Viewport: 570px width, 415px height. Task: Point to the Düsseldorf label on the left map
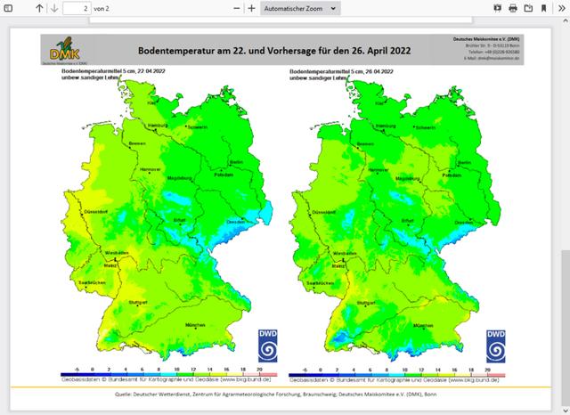(x=96, y=211)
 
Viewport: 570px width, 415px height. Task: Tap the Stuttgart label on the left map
(x=136, y=303)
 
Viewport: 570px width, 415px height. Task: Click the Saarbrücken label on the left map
(x=92, y=282)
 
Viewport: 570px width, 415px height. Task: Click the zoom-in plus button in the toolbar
(x=252, y=8)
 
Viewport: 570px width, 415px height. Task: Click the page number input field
(x=75, y=8)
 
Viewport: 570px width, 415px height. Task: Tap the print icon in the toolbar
(x=513, y=8)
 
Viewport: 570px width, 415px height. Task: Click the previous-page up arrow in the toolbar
(x=39, y=8)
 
